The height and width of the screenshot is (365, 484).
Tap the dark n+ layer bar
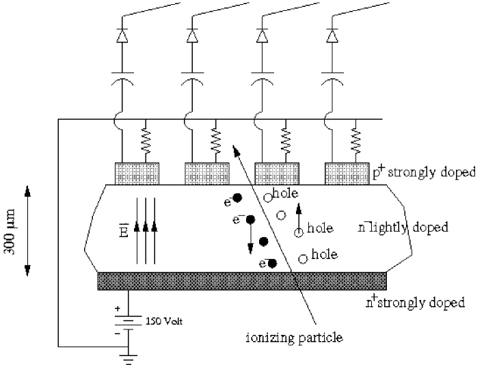pos(243,281)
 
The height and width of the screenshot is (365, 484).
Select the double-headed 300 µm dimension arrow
pos(28,230)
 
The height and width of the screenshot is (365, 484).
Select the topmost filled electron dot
pos(237,198)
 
